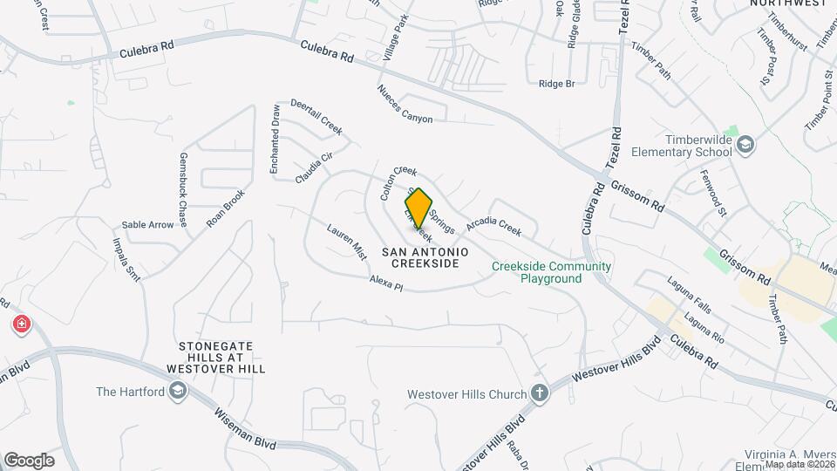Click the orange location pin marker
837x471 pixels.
[x=419, y=208]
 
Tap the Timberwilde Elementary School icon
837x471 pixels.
[x=745, y=143]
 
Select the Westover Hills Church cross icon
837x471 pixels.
[x=540, y=393]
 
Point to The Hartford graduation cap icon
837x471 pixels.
[x=178, y=392]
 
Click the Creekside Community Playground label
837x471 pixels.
[x=551, y=272]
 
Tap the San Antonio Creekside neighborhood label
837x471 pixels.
[x=424, y=257]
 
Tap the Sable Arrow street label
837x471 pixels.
[x=147, y=224]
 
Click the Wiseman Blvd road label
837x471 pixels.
[x=245, y=432]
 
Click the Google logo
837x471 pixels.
[x=29, y=460]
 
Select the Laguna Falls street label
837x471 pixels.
[x=690, y=295]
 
